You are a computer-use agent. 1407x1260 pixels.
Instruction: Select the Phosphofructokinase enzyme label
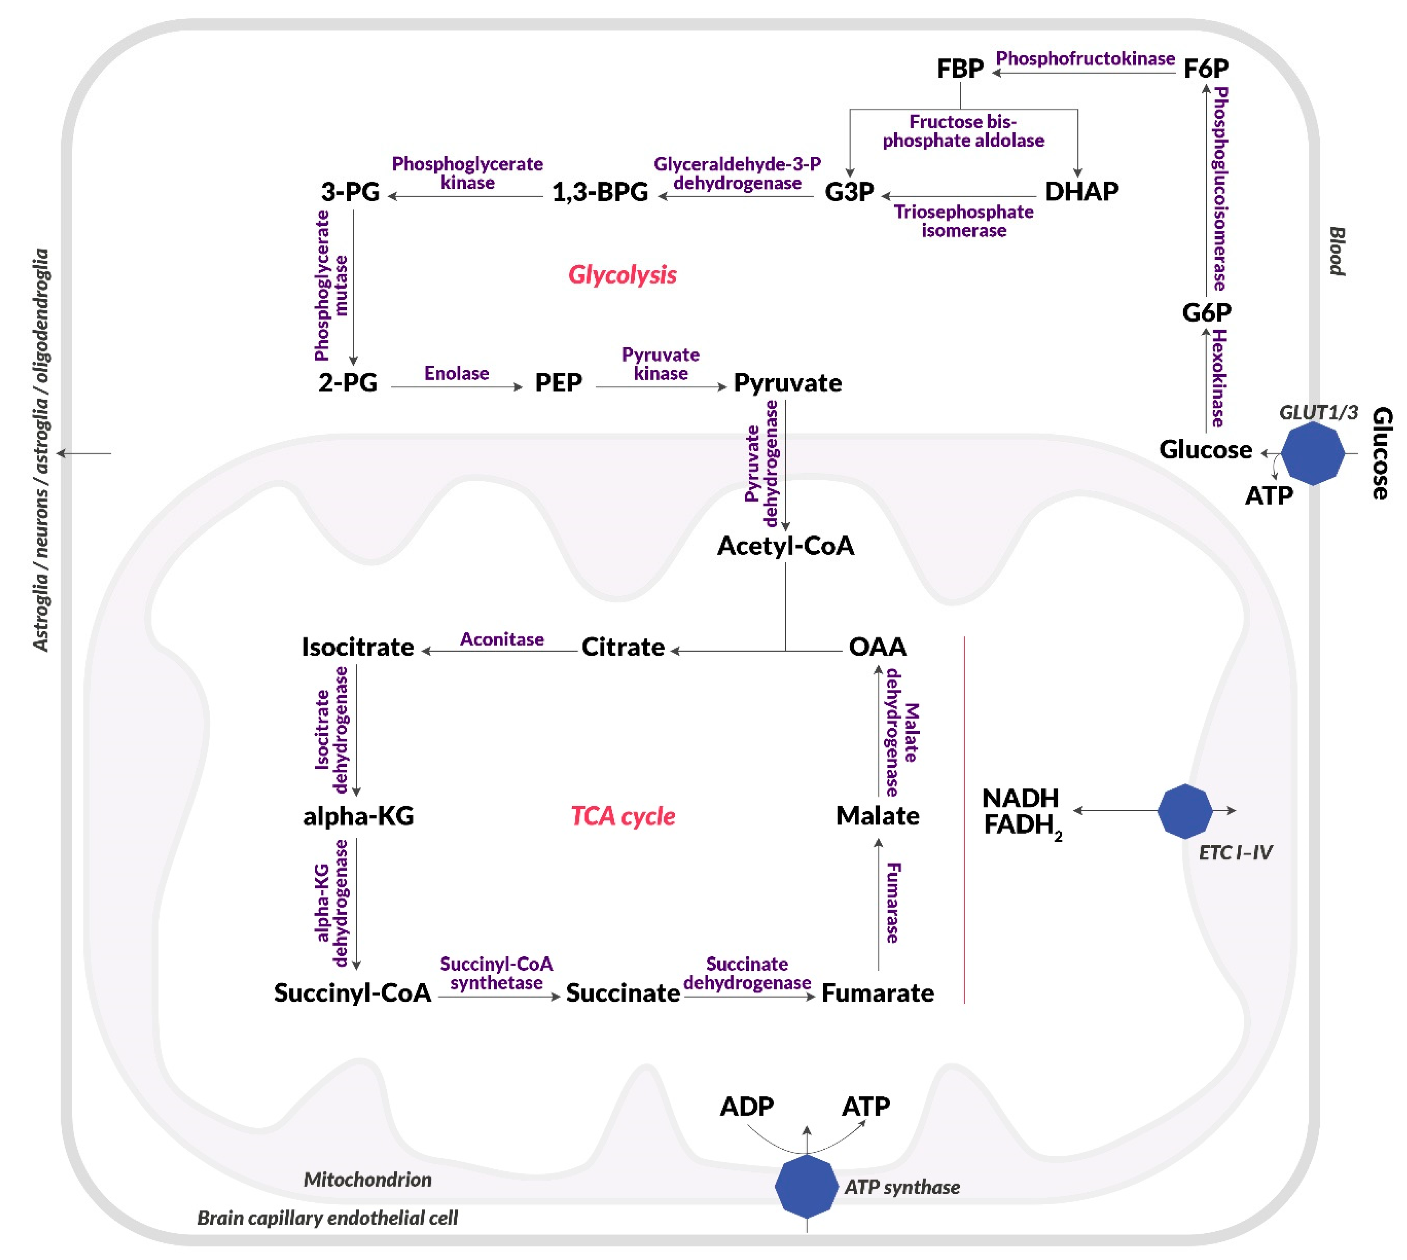coord(1085,59)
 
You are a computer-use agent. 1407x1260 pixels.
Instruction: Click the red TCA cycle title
coord(622,816)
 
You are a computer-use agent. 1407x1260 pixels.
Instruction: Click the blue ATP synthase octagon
coord(806,1186)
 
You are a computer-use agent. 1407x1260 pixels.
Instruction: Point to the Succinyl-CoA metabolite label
coord(352,993)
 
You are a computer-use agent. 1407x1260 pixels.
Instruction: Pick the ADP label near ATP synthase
coord(746,1106)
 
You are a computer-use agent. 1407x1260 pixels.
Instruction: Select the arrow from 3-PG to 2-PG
coord(354,287)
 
